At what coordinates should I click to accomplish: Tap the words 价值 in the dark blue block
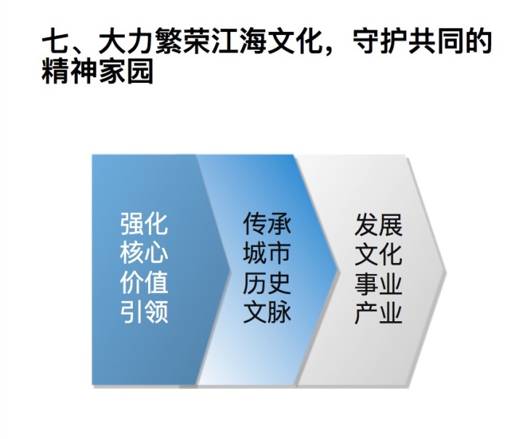pos(144,282)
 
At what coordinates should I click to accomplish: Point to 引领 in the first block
pos(144,312)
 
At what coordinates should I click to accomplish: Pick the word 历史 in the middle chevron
pos(267,282)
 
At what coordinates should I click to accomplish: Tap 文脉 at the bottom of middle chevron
pos(267,312)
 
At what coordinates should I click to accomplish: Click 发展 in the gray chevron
pos(378,225)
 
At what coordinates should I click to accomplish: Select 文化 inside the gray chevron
pos(378,254)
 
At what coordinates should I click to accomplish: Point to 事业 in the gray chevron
pos(378,283)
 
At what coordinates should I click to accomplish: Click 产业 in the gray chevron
pos(378,313)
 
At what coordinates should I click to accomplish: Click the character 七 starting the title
pos(55,41)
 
